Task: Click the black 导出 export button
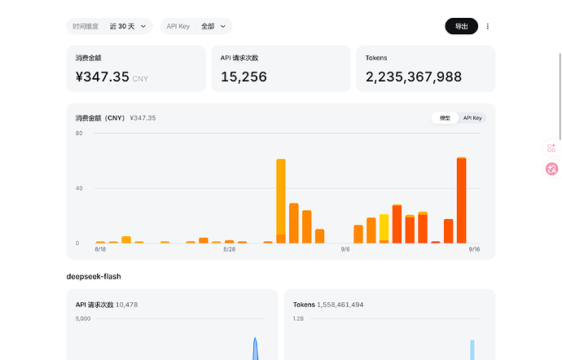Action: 461,26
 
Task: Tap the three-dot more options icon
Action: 487,26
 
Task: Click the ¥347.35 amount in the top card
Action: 103,77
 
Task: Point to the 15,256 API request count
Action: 244,77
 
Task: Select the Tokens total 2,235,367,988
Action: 414,77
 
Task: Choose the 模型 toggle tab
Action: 445,118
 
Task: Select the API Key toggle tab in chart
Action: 472,118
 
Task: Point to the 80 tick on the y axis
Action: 79,133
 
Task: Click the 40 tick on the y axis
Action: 79,188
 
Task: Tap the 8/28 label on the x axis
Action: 230,249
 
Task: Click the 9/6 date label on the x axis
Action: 345,249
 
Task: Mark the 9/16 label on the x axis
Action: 474,249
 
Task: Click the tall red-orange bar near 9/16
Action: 462,201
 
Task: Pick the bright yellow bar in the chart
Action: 384,227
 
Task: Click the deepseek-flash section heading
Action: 94,276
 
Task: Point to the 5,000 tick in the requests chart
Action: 83,318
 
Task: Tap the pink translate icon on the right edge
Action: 551,169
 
